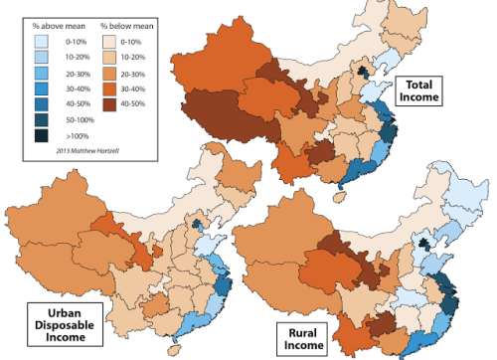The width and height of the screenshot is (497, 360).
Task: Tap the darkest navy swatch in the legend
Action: [38, 133]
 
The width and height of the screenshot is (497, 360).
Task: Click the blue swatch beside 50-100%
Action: [38, 118]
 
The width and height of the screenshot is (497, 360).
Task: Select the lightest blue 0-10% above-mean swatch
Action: [38, 43]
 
